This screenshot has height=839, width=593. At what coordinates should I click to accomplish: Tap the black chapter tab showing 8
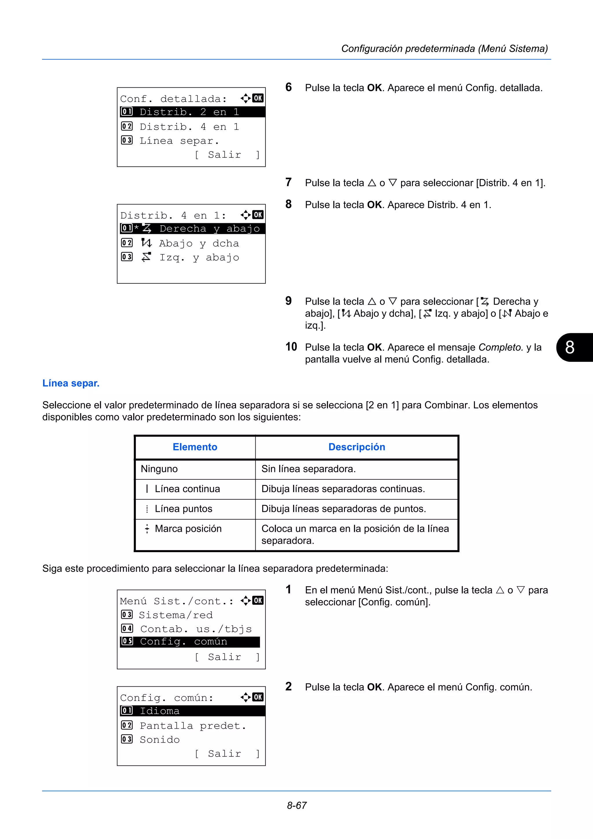pyautogui.click(x=573, y=347)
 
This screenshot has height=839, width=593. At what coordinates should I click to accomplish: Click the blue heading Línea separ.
pyautogui.click(x=71, y=383)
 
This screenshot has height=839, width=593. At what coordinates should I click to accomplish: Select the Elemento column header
pyautogui.click(x=195, y=447)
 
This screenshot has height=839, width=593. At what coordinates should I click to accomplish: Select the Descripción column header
pyautogui.click(x=357, y=447)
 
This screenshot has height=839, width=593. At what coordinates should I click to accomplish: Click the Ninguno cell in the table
pyautogui.click(x=159, y=469)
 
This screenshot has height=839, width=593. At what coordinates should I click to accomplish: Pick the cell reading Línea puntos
pyautogui.click(x=183, y=509)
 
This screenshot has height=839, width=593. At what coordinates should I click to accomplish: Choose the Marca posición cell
pyautogui.click(x=188, y=529)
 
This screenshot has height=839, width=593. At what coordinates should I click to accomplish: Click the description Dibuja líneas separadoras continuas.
pyautogui.click(x=343, y=489)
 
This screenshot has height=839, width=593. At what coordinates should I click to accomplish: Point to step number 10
pyautogui.click(x=291, y=347)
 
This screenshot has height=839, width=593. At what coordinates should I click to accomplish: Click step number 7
pyautogui.click(x=288, y=182)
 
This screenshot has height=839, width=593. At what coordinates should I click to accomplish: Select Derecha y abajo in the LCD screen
pyautogui.click(x=209, y=229)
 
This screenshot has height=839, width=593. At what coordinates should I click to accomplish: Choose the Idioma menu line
pyautogui.click(x=160, y=711)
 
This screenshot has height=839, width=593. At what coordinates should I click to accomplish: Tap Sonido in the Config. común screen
pyautogui.click(x=160, y=740)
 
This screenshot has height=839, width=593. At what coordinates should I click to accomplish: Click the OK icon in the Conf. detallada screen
pyautogui.click(x=258, y=98)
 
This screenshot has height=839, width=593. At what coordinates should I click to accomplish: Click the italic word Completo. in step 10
pyautogui.click(x=501, y=347)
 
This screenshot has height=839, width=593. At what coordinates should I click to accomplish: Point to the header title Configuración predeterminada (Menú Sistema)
pyautogui.click(x=444, y=49)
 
